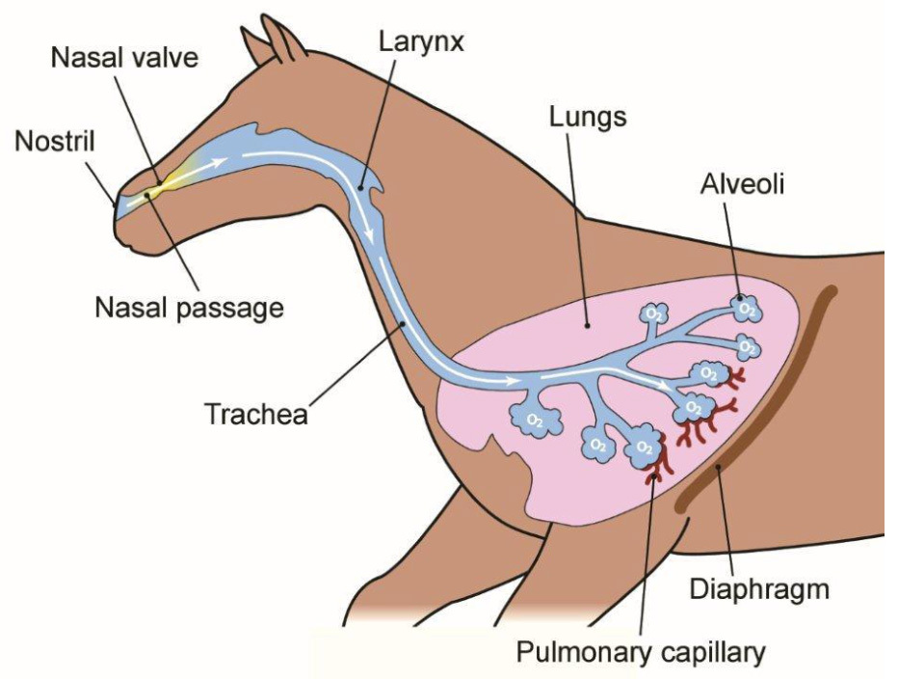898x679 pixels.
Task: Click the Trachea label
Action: (x=255, y=414)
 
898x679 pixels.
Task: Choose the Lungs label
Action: (x=587, y=118)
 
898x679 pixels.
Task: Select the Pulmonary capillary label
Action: (x=641, y=652)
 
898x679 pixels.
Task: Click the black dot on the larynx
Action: (x=361, y=188)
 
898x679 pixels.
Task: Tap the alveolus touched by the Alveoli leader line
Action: (x=745, y=307)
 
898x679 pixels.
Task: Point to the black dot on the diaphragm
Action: (x=718, y=469)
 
